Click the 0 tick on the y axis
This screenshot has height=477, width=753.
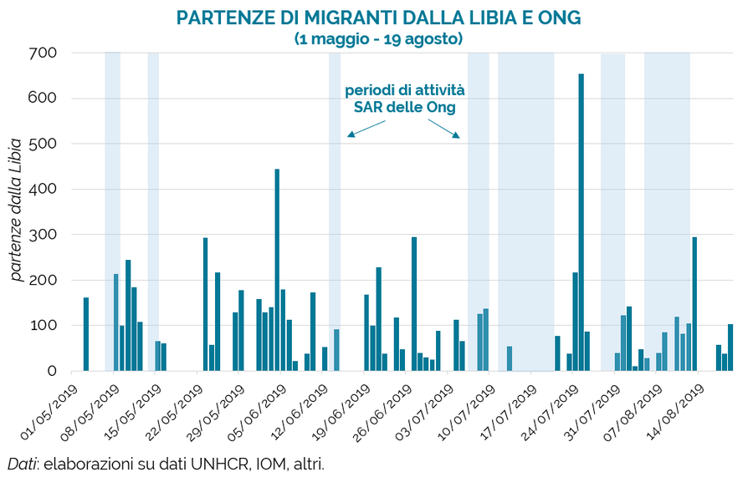pyautogui.click(x=52, y=371)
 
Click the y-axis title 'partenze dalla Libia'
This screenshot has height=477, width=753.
pyautogui.click(x=17, y=211)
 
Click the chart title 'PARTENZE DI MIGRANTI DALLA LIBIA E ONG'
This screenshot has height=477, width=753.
pyautogui.click(x=378, y=18)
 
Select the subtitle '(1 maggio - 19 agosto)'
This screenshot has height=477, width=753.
pyautogui.click(x=378, y=38)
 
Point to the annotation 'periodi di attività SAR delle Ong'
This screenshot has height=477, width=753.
pyautogui.click(x=404, y=99)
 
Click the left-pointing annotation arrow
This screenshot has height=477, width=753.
pyautogui.click(x=366, y=128)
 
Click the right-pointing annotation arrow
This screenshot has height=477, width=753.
pyautogui.click(x=443, y=128)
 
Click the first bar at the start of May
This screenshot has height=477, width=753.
pyautogui.click(x=86, y=334)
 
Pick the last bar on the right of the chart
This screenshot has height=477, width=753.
pyautogui.click(x=730, y=348)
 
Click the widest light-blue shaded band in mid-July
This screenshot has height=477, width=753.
pyautogui.click(x=525, y=209)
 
